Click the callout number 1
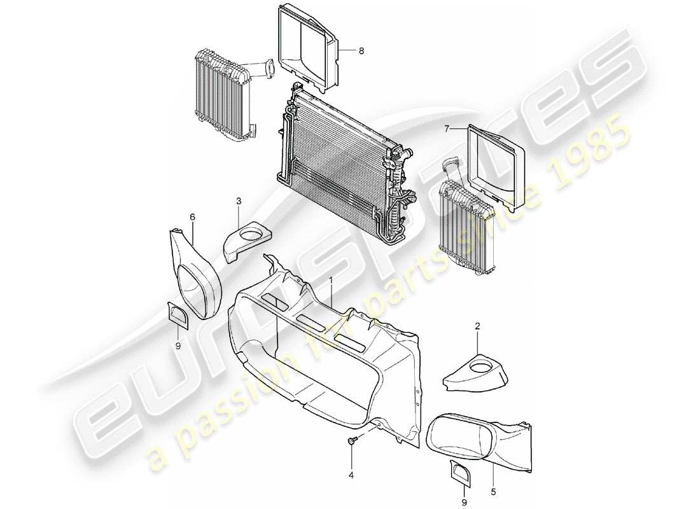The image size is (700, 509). (x=330, y=280)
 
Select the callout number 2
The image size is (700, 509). (x=477, y=326)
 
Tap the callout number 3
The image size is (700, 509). (x=238, y=202)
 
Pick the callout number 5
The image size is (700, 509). (x=494, y=473)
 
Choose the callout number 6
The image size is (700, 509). (x=193, y=217)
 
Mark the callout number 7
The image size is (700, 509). (x=447, y=129)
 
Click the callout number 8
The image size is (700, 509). (x=361, y=51)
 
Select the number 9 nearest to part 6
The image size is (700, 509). (x=178, y=345)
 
